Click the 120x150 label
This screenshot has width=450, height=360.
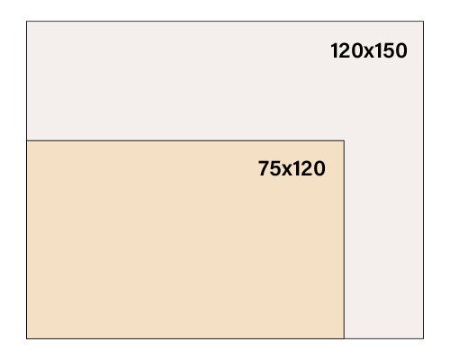[x=369, y=50]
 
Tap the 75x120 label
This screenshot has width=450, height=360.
[x=292, y=168]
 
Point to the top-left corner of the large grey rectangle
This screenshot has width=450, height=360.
[x=27, y=22]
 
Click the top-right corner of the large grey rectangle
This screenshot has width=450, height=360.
[x=423, y=22]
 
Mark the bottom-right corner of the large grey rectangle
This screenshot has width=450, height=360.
[x=423, y=338]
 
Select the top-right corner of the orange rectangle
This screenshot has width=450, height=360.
[x=344, y=140]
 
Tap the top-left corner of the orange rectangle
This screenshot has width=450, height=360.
[x=27, y=140]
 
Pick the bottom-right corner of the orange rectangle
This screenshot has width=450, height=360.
[x=344, y=338]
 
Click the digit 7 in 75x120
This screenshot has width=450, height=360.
[x=264, y=168]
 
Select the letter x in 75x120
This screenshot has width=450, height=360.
[x=287, y=170]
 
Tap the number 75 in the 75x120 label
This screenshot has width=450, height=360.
[x=270, y=168]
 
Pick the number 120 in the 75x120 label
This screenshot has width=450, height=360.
[x=310, y=168]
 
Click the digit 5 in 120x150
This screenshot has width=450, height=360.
[x=389, y=51]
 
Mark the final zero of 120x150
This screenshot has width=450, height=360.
[x=401, y=50]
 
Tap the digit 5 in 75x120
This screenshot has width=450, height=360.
[x=276, y=169]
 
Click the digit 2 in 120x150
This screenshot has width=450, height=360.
[x=345, y=50]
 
